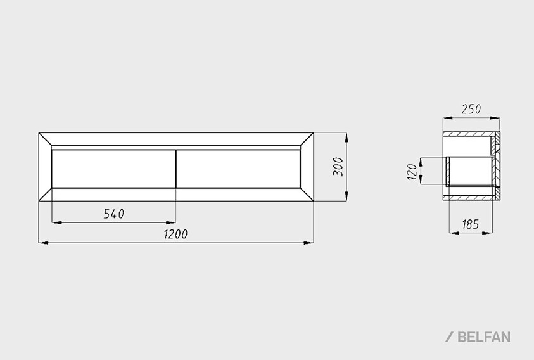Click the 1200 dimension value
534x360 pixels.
pos(175,235)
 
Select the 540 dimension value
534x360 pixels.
pos(114,214)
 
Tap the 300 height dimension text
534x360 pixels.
pos(338,167)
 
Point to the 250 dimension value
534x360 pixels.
pos(471,109)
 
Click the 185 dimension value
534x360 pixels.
pos(471,224)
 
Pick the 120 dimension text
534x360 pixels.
pos(412,172)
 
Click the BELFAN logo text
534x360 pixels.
pos(484,337)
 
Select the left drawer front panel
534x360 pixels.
pos(114,169)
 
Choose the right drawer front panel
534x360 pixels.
pos(238,169)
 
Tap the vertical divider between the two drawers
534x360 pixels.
pos(176,169)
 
